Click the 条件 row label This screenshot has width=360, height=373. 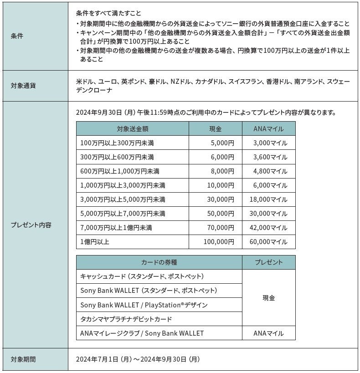point(17,36)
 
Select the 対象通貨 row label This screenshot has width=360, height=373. point(23,85)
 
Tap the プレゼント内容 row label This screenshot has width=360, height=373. point(31,225)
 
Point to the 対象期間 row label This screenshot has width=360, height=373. point(23,359)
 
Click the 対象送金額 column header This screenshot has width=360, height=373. point(132,129)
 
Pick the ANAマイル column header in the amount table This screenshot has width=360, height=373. point(268,129)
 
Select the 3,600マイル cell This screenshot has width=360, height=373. point(271,157)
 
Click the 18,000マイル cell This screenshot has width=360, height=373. point(269,199)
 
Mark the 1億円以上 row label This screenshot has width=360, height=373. point(94,242)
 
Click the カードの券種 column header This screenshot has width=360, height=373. point(159,262)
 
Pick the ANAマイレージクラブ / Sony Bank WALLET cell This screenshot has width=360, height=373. point(142,333)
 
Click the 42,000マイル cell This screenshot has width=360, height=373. point(269,228)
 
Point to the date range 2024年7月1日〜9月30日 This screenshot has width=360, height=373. point(138,359)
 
